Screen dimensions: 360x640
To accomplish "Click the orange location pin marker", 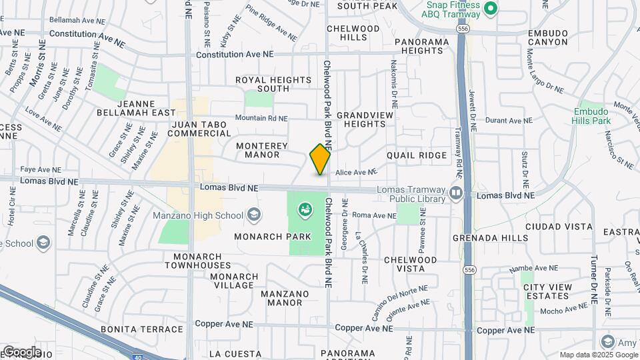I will click(x=320, y=159).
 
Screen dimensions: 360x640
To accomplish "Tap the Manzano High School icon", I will click(x=254, y=215).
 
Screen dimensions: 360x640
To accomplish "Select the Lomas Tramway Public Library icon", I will click(x=456, y=193).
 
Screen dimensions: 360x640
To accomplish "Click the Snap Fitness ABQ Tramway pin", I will click(x=491, y=9).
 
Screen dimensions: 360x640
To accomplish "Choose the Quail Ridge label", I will click(x=417, y=155).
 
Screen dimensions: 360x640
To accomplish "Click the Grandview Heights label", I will click(x=365, y=119).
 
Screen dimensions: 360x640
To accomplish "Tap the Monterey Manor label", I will click(x=262, y=150).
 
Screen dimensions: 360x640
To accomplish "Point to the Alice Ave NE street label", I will click(x=357, y=172).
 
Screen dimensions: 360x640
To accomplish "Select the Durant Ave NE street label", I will click(x=511, y=121).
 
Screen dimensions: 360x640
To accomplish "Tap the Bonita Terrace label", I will click(x=141, y=329).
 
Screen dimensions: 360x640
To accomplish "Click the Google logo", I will click(x=21, y=351).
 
